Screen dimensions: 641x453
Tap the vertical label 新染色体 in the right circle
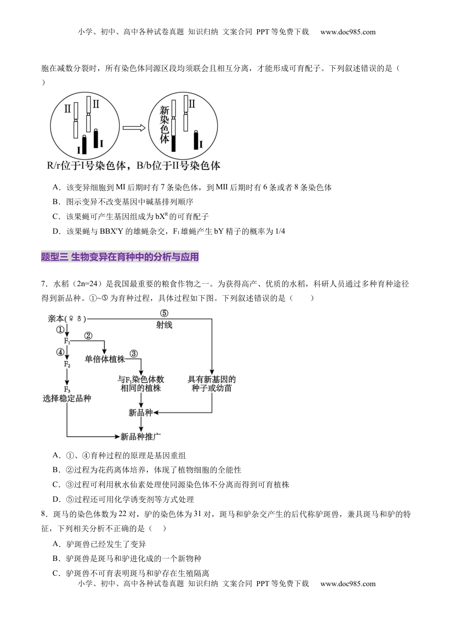[165, 124]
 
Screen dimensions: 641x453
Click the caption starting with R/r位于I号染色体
[134, 166]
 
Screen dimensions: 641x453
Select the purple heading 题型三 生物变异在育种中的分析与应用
[120, 257]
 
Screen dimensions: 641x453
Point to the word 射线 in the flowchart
[164, 325]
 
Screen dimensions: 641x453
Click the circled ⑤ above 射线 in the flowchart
[164, 313]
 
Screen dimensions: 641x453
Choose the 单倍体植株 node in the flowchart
[104, 359]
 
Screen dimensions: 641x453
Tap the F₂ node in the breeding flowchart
[67, 364]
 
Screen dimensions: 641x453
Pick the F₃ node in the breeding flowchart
[67, 389]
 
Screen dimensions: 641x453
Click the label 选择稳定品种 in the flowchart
[67, 398]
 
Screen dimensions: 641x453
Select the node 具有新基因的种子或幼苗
[212, 383]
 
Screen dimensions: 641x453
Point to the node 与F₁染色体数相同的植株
[141, 383]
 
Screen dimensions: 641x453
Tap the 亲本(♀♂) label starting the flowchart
[67, 318]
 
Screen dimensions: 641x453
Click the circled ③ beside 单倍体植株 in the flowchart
[134, 353]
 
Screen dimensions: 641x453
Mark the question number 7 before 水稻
[44, 284]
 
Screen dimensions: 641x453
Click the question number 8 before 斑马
[44, 514]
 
